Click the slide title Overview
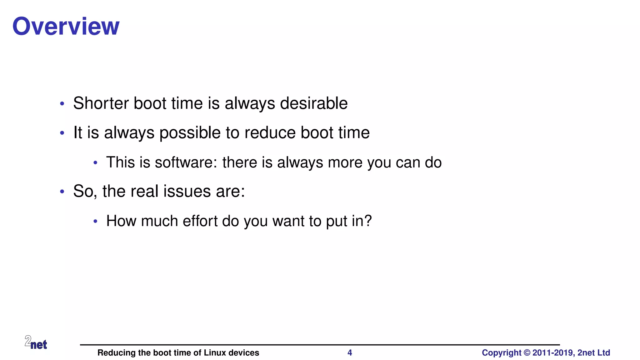coord(66,26)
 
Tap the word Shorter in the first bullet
coord(101,103)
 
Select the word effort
coord(200,221)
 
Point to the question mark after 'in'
coord(368,221)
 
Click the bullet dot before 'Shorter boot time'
coord(62,104)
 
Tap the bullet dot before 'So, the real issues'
coord(62,192)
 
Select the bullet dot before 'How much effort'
coord(96,222)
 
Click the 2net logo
coord(36,342)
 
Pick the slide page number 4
coord(350,353)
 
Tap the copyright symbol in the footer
coord(527,353)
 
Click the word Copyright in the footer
coord(501,353)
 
